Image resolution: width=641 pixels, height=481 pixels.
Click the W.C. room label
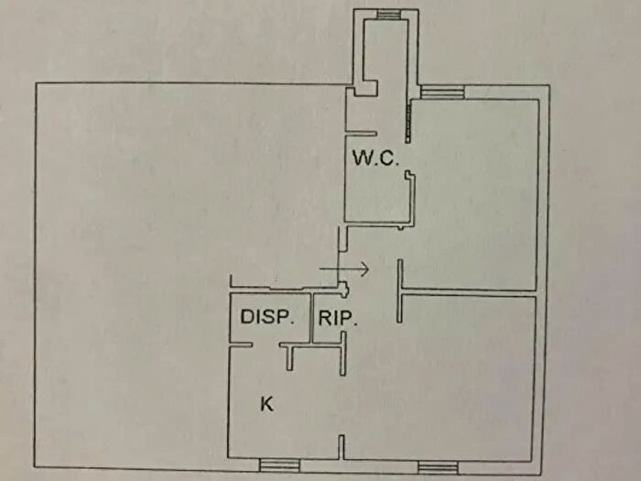click(375, 158)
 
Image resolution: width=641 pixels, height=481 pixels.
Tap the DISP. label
click(267, 317)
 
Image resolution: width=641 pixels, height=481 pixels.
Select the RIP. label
click(338, 318)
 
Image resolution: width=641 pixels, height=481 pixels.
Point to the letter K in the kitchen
click(266, 404)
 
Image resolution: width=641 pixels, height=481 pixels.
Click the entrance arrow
click(344, 269)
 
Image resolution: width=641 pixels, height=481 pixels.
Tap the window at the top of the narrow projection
click(389, 15)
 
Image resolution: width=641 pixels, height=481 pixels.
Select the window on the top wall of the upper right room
click(442, 92)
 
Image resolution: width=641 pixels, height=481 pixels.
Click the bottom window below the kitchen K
click(280, 465)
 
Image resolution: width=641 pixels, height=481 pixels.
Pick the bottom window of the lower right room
click(438, 467)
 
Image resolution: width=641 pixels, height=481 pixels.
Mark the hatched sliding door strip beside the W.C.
click(408, 122)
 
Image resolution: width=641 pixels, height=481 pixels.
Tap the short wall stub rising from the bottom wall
click(342, 447)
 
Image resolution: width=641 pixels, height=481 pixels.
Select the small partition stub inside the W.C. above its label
click(361, 134)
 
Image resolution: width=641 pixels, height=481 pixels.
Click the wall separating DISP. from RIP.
click(311, 318)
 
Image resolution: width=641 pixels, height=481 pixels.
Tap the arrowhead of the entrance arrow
click(364, 269)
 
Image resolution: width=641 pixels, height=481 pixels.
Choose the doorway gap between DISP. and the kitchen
click(266, 346)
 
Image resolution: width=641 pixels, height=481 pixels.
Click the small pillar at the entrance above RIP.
click(344, 289)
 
